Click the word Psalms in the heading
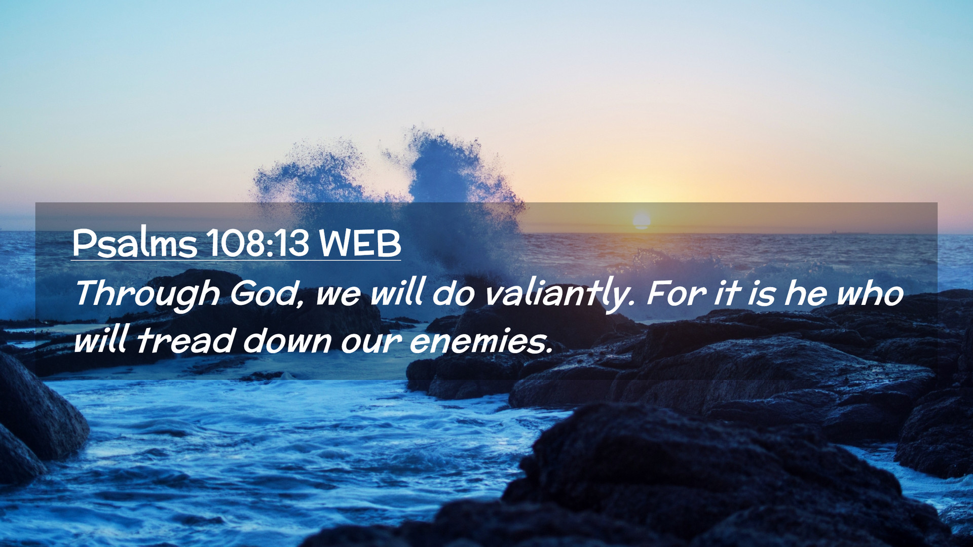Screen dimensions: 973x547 click(134, 243)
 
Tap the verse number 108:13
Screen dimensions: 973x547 click(258, 243)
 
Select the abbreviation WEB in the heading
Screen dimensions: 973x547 click(360, 244)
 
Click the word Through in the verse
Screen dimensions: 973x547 click(147, 294)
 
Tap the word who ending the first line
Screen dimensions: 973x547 click(870, 293)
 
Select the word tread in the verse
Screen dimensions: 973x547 click(186, 340)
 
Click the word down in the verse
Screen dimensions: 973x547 click(287, 341)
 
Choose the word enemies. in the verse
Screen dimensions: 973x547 click(480, 340)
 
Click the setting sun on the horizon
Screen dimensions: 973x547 click(642, 220)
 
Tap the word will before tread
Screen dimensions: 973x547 click(101, 340)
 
